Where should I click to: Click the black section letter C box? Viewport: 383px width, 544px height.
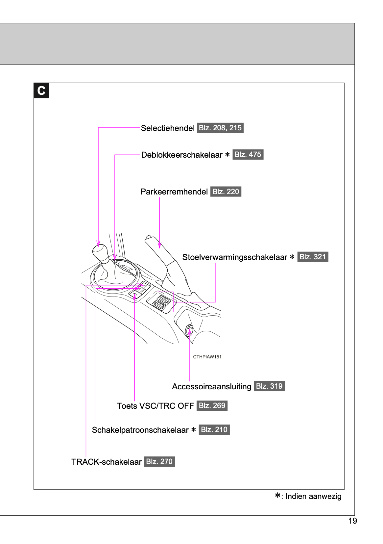tap(41, 91)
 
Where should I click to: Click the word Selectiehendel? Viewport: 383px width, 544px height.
tap(168, 128)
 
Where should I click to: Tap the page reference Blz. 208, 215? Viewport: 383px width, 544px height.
tap(220, 128)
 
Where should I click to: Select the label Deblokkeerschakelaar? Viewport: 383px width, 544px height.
tap(182, 155)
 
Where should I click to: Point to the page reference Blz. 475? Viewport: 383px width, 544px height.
tap(248, 154)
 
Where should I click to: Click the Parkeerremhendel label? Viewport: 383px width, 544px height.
tap(174, 192)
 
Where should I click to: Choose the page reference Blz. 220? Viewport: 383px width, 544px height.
tap(226, 192)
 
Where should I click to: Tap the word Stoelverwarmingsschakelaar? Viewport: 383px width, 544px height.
tap(235, 257)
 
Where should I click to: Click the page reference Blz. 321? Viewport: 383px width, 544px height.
tap(313, 257)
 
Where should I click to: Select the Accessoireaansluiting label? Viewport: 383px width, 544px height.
tap(211, 386)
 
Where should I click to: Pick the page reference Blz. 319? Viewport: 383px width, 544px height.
tap(269, 386)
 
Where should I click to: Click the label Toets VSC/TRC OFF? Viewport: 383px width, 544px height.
tap(155, 406)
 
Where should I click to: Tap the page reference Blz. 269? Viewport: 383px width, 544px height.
tap(212, 405)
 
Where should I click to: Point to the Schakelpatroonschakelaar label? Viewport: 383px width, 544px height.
tap(140, 430)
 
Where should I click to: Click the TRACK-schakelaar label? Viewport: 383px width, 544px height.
tap(106, 462)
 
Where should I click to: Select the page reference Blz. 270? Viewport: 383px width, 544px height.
tap(159, 461)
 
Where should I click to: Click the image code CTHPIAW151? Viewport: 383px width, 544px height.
tap(207, 357)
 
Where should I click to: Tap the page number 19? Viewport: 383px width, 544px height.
tap(352, 521)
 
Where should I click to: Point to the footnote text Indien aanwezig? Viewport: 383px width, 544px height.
tap(313, 496)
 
